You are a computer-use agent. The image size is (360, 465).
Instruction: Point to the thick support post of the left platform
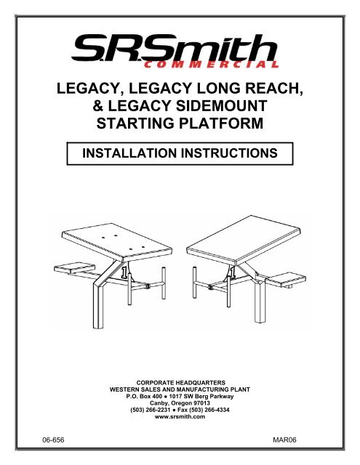[x=97, y=304]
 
